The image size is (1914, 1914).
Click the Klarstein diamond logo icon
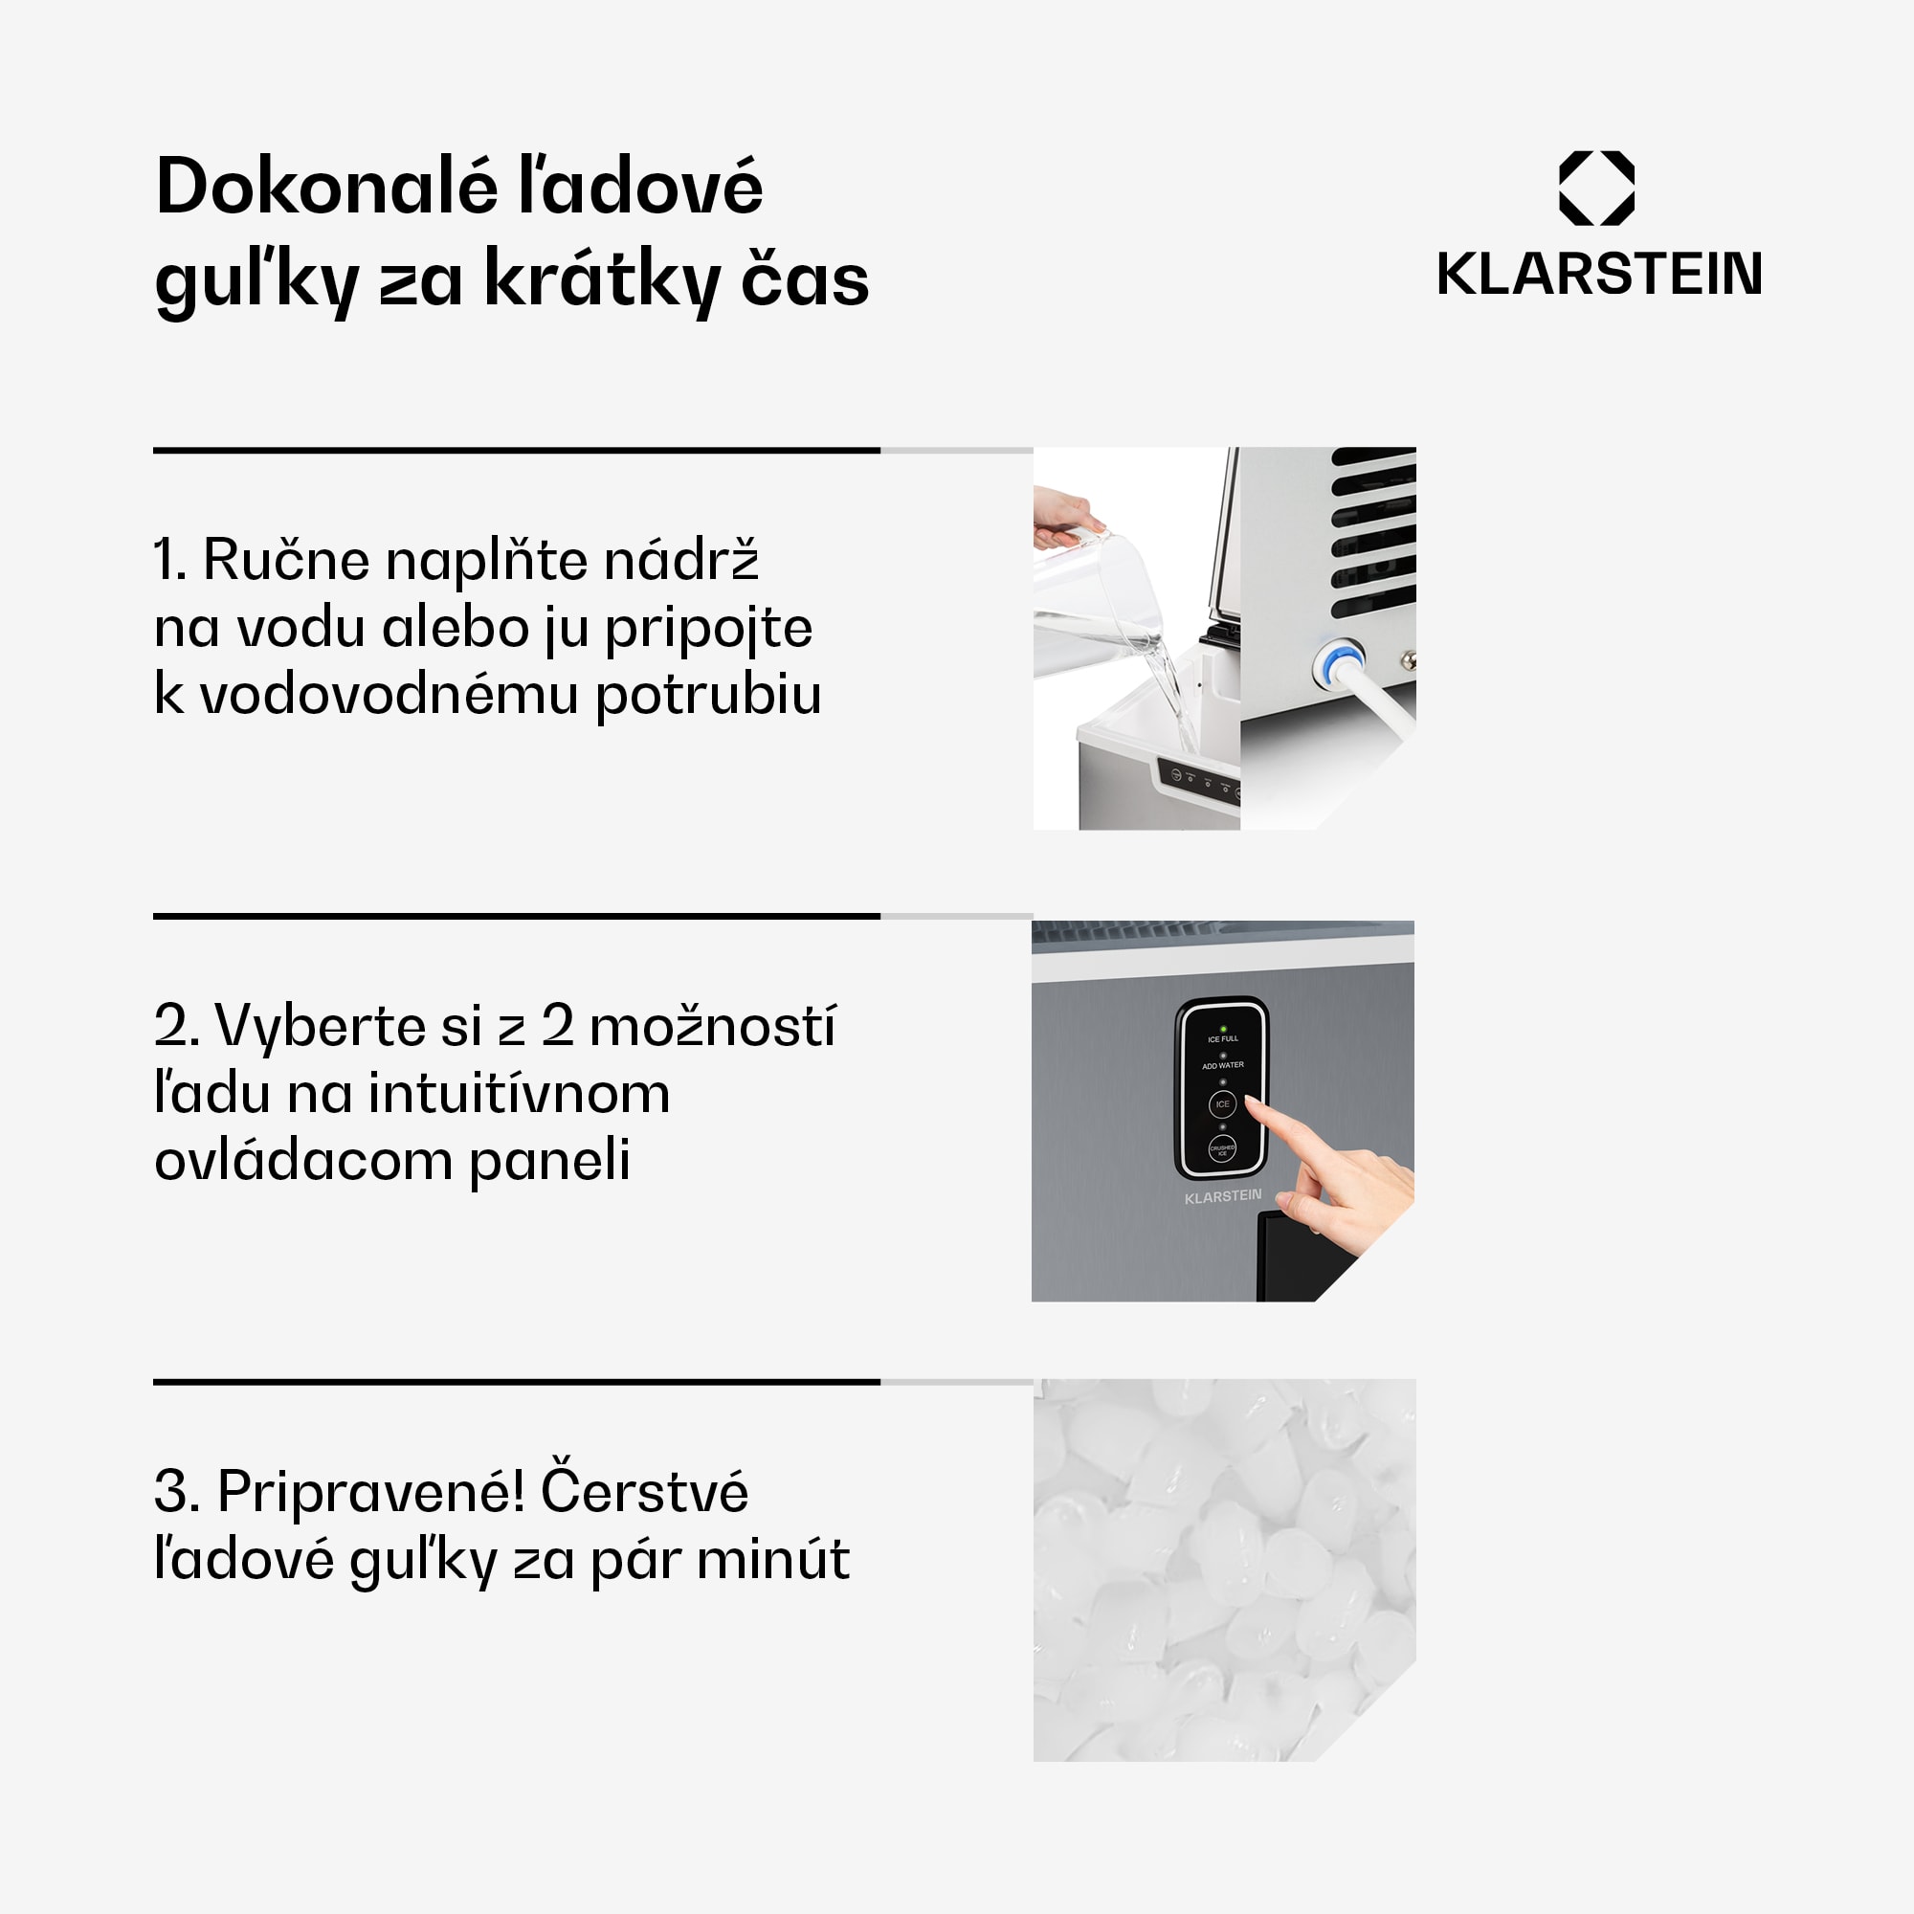1596,189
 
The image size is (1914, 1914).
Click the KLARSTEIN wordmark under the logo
1599,275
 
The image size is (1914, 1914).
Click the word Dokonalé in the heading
326,188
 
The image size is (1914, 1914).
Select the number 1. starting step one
168,561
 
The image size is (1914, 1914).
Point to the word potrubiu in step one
707,696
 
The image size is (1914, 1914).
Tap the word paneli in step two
550,1160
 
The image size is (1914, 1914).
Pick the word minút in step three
772,1560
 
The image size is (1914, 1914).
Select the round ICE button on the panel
1222,1103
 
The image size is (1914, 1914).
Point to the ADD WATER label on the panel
1222,1065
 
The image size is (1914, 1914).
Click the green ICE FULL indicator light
1223,1030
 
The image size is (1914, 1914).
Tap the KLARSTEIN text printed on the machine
1222,1197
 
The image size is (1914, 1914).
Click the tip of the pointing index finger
1251,1102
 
